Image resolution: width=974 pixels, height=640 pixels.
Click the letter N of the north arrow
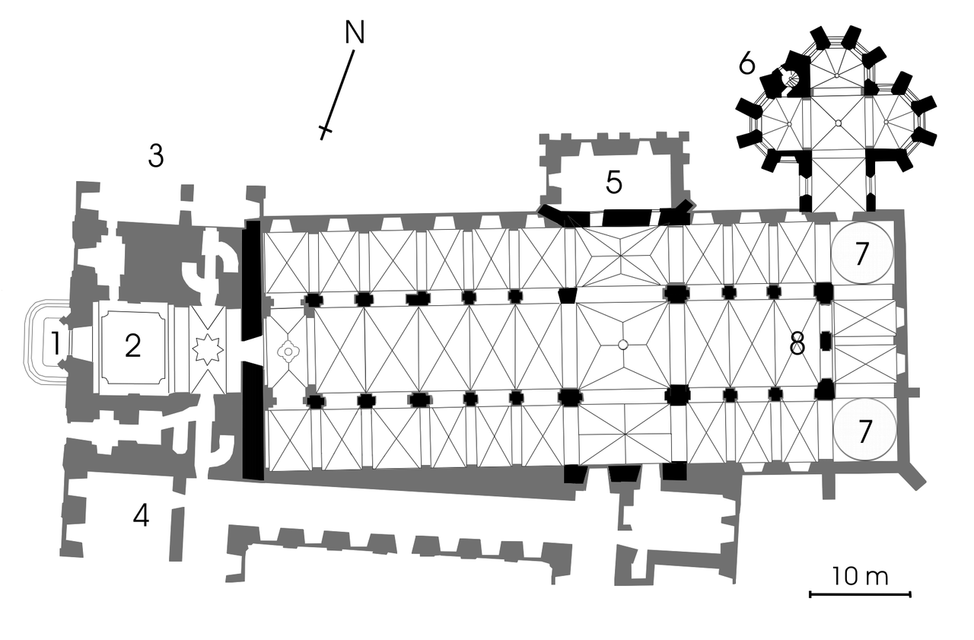tap(355, 33)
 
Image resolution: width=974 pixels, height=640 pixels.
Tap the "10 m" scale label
tap(860, 577)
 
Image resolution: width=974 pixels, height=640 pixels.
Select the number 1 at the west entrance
tap(56, 343)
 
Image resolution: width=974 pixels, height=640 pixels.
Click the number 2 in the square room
tap(132, 346)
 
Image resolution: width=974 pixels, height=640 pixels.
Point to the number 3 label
tap(156, 156)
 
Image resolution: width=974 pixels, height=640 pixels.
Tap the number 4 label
tap(142, 516)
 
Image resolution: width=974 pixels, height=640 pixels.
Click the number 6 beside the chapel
tap(747, 65)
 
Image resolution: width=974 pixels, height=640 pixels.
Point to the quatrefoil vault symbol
tap(288, 351)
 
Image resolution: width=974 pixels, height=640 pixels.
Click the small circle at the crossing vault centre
tap(622, 345)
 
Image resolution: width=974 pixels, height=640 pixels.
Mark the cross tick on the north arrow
tap(326, 129)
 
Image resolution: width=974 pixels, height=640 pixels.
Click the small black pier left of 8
tap(826, 340)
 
